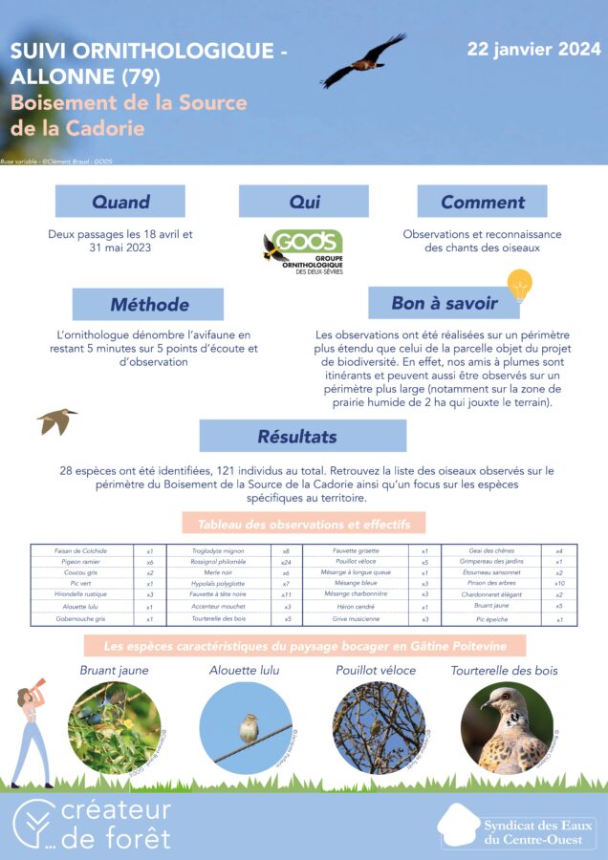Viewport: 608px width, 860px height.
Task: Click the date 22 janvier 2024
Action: pos(533,49)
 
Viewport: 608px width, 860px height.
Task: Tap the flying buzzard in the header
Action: pos(364,62)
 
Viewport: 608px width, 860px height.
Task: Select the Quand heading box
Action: pos(120,202)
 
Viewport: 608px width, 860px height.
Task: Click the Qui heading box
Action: pos(303,202)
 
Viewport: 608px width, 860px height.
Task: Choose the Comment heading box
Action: pos(482,202)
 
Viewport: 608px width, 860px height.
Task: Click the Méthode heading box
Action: pos(148,305)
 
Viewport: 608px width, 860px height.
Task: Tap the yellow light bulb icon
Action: pos(519,284)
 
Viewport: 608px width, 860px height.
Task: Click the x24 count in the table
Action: pos(286,563)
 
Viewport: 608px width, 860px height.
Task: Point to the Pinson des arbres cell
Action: pos(492,583)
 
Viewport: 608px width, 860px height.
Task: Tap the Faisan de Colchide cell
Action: pos(81,551)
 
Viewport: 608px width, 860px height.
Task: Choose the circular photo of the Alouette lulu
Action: pos(246,728)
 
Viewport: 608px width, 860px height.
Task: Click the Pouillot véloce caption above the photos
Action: pos(376,671)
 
